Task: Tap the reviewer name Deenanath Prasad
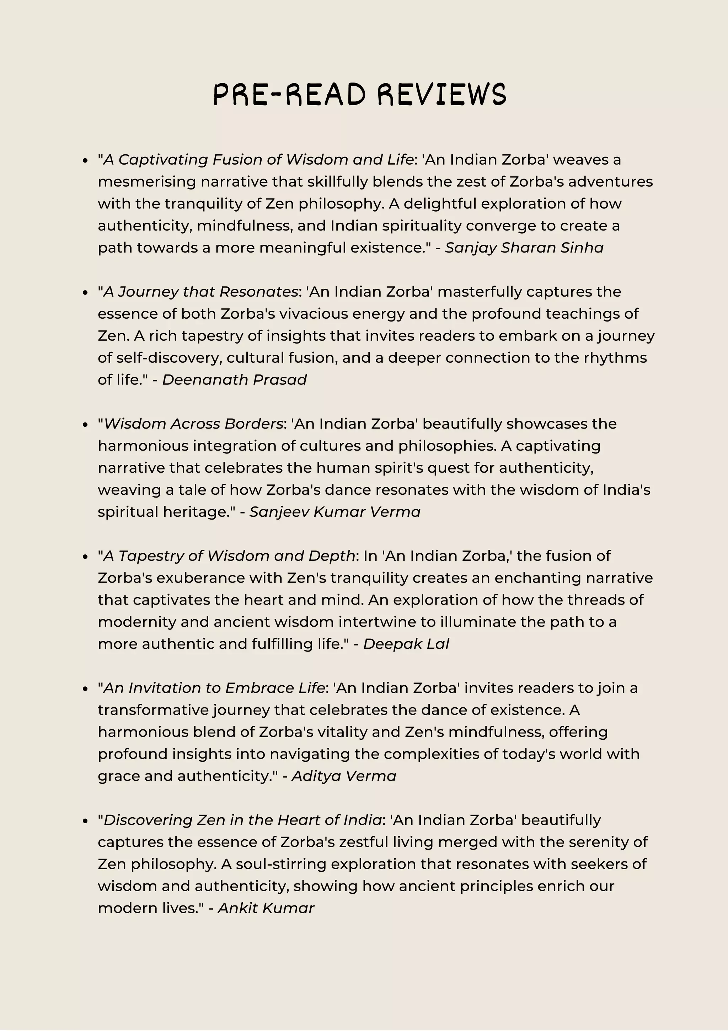pos(234,380)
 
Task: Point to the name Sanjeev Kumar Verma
pos(335,512)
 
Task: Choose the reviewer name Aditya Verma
pos(344,776)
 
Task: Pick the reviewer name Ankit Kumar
pos(266,908)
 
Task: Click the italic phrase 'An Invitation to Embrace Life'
pos(214,688)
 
